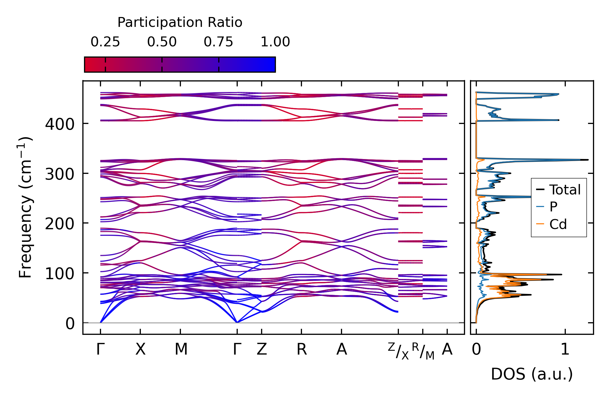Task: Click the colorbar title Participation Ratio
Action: (180, 22)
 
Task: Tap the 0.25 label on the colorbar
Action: (105, 42)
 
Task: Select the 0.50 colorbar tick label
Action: (162, 42)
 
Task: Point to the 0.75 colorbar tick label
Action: (218, 42)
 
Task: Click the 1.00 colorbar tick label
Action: (275, 42)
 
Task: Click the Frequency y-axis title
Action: (26, 207)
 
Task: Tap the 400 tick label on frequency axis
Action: (60, 124)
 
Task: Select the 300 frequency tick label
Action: (60, 174)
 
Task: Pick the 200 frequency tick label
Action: (60, 224)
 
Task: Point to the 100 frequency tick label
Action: (60, 273)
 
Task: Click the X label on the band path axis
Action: (140, 349)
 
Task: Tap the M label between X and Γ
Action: (181, 349)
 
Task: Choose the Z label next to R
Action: (262, 349)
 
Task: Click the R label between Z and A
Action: (301, 349)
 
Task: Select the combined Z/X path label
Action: (398, 351)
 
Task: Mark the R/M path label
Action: (423, 351)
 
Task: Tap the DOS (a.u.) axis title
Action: (532, 374)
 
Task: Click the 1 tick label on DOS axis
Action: (565, 349)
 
